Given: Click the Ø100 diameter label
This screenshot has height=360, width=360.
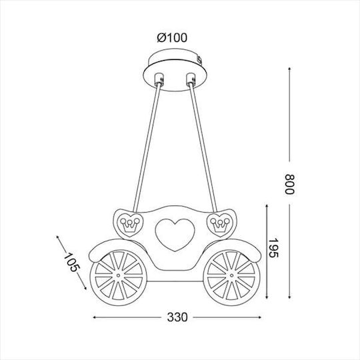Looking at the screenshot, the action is point(172,38).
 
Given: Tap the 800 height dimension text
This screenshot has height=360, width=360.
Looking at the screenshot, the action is point(289,185).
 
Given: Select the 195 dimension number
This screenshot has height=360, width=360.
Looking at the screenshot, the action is point(273,248).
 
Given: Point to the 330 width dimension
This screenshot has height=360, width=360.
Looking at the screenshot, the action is point(177,317).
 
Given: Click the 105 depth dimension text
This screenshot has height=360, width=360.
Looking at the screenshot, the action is point(71,262).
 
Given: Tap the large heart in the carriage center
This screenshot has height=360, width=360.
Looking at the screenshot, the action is point(175,235).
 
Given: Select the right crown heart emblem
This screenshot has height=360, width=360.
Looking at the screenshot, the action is point(220,225).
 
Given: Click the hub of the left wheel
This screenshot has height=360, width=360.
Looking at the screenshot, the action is point(119,275).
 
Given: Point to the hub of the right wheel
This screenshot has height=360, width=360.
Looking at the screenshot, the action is point(231,275).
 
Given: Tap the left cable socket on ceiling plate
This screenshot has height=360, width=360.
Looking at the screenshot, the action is point(159,79).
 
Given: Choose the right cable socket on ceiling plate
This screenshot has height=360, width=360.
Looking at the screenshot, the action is point(191,79).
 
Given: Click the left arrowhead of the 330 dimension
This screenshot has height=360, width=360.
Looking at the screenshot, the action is point(95,317).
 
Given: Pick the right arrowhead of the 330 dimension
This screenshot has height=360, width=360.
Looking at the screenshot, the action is point(259,317).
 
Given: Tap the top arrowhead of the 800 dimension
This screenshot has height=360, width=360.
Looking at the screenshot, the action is point(289,69).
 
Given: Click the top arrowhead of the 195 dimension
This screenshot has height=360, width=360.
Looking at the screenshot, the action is point(267,207).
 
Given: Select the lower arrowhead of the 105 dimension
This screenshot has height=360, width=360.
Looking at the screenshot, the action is point(85,287).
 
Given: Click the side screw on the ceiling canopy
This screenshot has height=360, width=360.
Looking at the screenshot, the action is point(200,60).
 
